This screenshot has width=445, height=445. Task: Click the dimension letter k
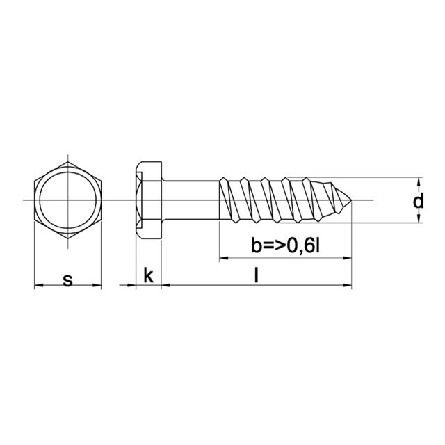[x=148, y=276]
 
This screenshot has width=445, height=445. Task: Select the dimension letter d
[x=418, y=202]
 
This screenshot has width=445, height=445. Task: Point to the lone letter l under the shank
[x=257, y=276]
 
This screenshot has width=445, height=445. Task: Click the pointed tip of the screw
[x=350, y=200]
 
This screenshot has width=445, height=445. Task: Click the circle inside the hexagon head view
[x=67, y=201]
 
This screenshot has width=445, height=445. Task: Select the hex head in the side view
[x=148, y=200]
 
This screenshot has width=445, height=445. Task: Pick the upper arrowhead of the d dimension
[x=418, y=181]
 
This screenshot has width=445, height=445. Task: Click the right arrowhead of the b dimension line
[x=347, y=259]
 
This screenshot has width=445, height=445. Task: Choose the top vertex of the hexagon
[x=67, y=162]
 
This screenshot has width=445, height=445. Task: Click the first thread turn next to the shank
[x=227, y=200]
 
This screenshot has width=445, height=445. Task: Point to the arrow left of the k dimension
[x=128, y=286]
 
